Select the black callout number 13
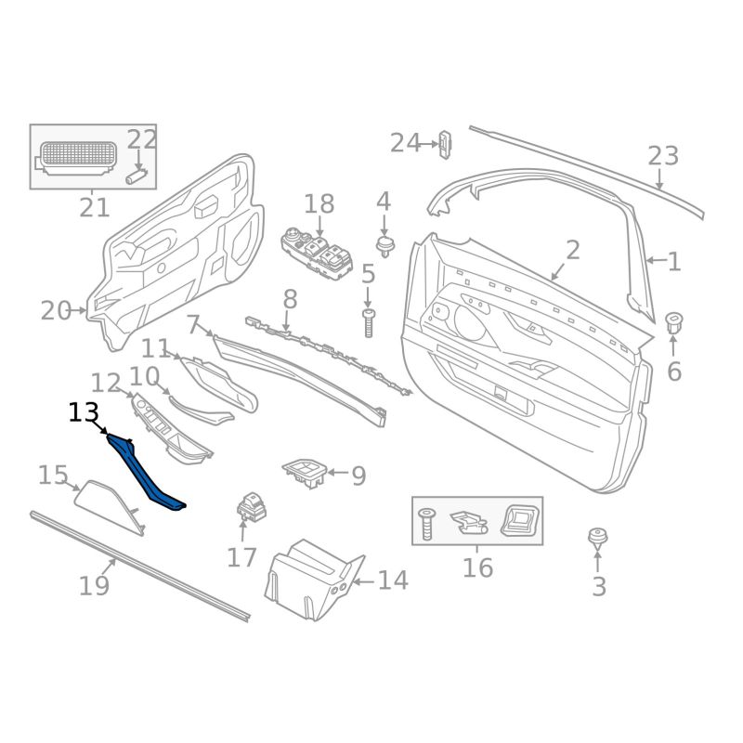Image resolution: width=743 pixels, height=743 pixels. click(x=84, y=412)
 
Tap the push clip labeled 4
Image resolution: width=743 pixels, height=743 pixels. click(x=385, y=246)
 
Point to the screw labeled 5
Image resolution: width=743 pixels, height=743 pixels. click(x=368, y=323)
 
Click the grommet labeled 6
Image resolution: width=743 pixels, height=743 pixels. click(x=673, y=321)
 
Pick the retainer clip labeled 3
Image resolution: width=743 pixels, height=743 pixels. click(x=597, y=539)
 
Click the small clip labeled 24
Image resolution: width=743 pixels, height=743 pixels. click(x=445, y=144)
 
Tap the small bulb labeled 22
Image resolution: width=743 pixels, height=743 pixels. click(x=137, y=176)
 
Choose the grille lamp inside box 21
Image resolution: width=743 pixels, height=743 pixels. click(x=76, y=158)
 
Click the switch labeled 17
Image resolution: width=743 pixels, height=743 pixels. click(x=252, y=506)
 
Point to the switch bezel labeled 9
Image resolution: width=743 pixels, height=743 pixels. click(x=306, y=473)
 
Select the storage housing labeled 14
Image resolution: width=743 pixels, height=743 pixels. click(x=315, y=580)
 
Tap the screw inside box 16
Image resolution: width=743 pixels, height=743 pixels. click(x=426, y=524)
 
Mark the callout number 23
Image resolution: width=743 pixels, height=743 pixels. click(x=663, y=155)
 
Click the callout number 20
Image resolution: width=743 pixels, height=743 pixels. click(x=56, y=311)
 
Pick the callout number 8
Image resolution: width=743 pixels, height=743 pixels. click(x=290, y=299)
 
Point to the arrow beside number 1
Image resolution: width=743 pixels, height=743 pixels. click(x=657, y=260)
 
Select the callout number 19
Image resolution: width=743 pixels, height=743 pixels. click(x=94, y=586)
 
